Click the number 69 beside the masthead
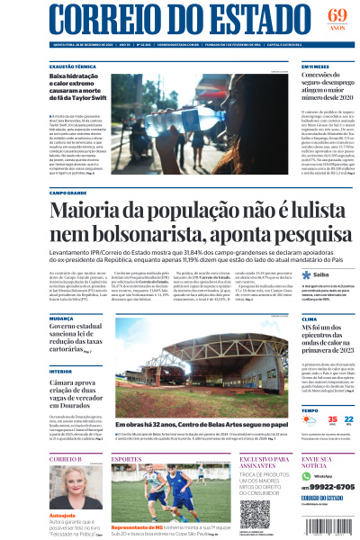(337, 14)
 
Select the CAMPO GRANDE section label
(68, 193)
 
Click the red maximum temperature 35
(307, 420)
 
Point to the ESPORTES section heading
(126, 459)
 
